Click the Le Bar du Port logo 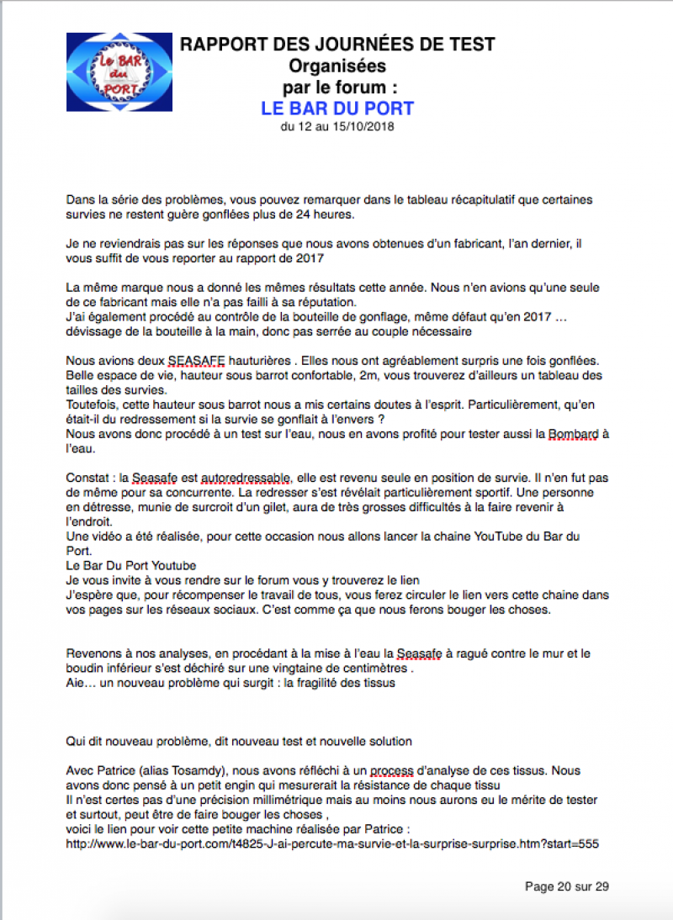click(119, 72)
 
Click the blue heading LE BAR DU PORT click(337, 108)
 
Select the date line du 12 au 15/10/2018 click(337, 127)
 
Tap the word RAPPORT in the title click(220, 44)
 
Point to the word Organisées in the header click(337, 66)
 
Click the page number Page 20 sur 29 click(566, 886)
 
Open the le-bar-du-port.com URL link click(332, 843)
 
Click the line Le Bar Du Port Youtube click(130, 565)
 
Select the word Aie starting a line click(77, 683)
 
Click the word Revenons click(96, 653)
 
